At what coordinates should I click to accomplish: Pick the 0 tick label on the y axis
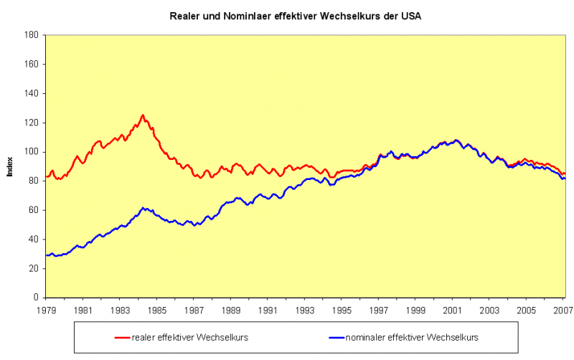coord(36,298)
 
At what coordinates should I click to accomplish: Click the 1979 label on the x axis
coord(45,311)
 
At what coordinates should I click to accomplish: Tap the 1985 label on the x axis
coord(156,311)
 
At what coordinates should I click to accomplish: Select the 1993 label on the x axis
coord(305,311)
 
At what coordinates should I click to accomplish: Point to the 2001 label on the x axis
coord(453,311)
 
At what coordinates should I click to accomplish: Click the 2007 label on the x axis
coord(563,311)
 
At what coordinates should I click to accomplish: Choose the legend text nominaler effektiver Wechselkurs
coord(413,337)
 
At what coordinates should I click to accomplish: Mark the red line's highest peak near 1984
coord(143,115)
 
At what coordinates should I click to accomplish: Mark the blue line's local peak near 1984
coord(143,207)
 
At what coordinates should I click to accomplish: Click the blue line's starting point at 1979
coord(46,255)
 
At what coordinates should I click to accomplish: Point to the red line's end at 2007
coord(565,174)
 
